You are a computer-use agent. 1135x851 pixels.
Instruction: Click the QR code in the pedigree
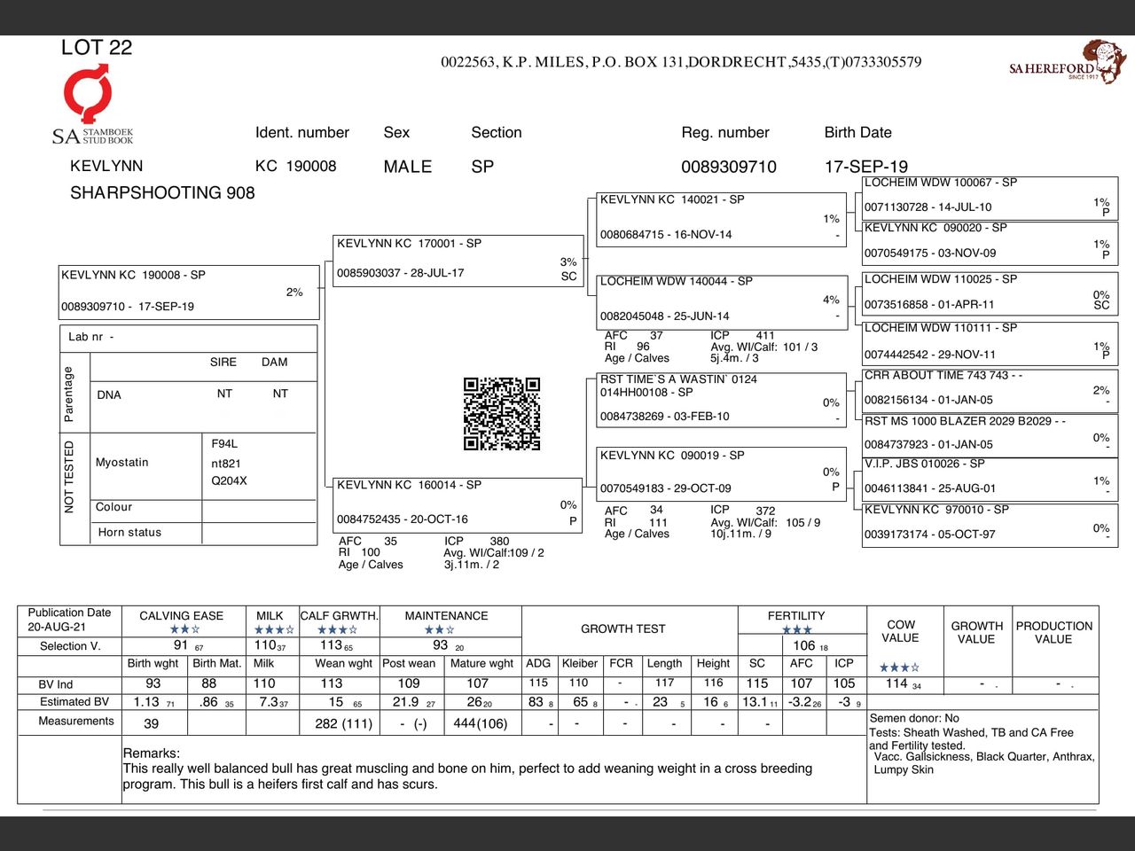tap(502, 414)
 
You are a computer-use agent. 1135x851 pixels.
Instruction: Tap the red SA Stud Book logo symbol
tap(88, 94)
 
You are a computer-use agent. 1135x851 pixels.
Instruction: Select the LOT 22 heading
tap(97, 48)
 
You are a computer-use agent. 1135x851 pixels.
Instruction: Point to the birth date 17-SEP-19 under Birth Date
tap(865, 167)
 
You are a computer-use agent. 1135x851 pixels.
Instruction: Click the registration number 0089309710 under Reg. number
tap(728, 167)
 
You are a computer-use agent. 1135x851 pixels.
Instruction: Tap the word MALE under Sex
tap(408, 167)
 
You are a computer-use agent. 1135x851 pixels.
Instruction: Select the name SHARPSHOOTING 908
tap(162, 193)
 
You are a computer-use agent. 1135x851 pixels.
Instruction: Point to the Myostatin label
tap(122, 463)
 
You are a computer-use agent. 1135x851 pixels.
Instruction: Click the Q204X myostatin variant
tap(229, 481)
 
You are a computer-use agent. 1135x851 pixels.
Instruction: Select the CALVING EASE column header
tap(182, 616)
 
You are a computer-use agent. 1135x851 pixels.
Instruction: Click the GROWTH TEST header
tap(622, 628)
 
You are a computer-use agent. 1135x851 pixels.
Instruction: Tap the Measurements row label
tap(76, 722)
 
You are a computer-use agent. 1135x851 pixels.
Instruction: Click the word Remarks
tap(152, 753)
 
